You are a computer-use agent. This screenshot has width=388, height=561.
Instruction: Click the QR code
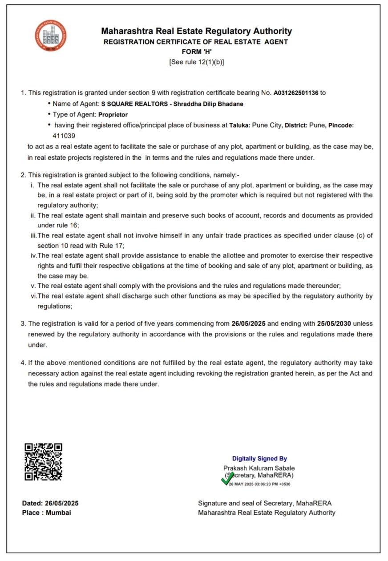[43, 461]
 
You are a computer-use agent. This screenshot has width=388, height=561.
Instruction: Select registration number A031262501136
[296, 93]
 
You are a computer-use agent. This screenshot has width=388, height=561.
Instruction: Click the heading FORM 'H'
[196, 52]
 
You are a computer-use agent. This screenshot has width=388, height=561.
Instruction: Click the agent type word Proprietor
[113, 114]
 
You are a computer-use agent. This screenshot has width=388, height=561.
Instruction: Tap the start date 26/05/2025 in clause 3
[248, 323]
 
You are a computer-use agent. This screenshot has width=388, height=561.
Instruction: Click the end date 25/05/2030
[334, 323]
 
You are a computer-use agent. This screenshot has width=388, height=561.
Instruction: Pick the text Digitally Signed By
[259, 459]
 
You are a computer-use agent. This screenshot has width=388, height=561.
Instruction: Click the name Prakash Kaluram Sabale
[259, 468]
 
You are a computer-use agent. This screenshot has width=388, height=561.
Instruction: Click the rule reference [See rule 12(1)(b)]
[196, 62]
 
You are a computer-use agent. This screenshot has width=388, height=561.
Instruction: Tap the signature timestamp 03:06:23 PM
[266, 484]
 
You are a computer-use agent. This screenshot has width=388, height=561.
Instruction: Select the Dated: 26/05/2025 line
[50, 503]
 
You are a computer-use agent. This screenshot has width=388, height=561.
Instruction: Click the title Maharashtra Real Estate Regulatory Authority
[196, 31]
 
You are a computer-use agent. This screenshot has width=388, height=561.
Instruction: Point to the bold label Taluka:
[239, 125]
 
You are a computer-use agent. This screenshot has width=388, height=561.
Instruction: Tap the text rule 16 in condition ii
[67, 225]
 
